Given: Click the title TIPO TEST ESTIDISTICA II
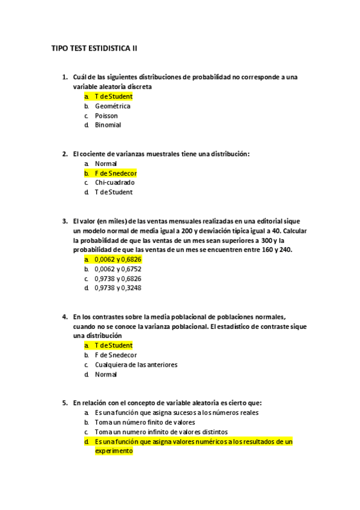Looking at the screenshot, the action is tap(94, 48).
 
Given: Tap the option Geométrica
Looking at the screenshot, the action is tap(112, 106).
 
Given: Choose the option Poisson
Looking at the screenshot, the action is tap(106, 115).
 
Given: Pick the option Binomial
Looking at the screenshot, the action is tap(108, 125).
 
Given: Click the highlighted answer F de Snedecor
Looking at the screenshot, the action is tap(116, 173).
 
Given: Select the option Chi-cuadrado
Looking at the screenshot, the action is tap(114, 183).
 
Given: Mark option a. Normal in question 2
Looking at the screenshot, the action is tap(106, 164).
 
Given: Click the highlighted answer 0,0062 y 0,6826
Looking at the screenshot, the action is tap(118, 259).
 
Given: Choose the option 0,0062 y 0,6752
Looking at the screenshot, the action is tap(118, 269).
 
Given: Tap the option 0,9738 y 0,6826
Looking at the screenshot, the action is tap(118, 278).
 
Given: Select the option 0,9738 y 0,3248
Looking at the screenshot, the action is tap(118, 288).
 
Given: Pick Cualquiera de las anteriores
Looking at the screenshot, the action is tap(136, 364).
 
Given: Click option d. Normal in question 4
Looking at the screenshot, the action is tap(106, 374).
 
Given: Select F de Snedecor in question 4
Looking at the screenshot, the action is tap(116, 355).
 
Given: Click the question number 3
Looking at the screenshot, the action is tap(65, 221).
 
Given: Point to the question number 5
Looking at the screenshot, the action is tap(65, 403).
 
